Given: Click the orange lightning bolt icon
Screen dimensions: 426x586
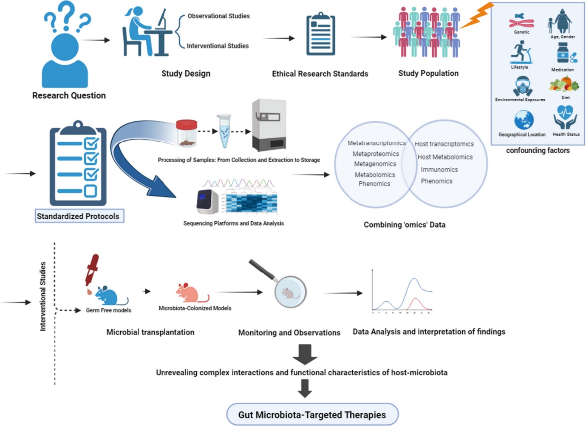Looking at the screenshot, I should [477, 16].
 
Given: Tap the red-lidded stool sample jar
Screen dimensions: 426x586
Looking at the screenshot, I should [187, 133].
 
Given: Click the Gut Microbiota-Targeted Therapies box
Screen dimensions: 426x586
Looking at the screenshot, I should [312, 415].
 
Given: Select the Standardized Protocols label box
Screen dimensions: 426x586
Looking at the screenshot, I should [79, 216].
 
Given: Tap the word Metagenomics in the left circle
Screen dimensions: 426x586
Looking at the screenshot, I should [375, 164].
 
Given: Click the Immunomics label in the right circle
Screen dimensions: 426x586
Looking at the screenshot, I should [439, 169].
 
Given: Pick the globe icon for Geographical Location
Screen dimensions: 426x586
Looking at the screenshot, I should [523, 120].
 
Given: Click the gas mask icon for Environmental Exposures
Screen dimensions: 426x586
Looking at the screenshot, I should [522, 86].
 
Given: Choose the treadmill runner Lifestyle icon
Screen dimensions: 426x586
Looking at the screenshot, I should [521, 52].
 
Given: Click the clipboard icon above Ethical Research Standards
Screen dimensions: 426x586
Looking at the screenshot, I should [320, 34].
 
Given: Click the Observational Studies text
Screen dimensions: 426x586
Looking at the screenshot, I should [218, 16].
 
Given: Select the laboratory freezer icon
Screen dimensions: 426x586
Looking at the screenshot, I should [269, 125].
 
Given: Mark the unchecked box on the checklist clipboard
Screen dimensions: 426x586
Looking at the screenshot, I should [91, 191].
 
